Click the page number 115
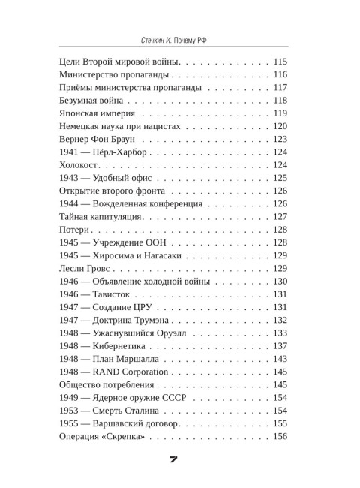pos(280,61)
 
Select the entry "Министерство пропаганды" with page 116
pos(115,74)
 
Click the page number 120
pos(280,127)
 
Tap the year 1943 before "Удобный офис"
pos(69,179)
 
